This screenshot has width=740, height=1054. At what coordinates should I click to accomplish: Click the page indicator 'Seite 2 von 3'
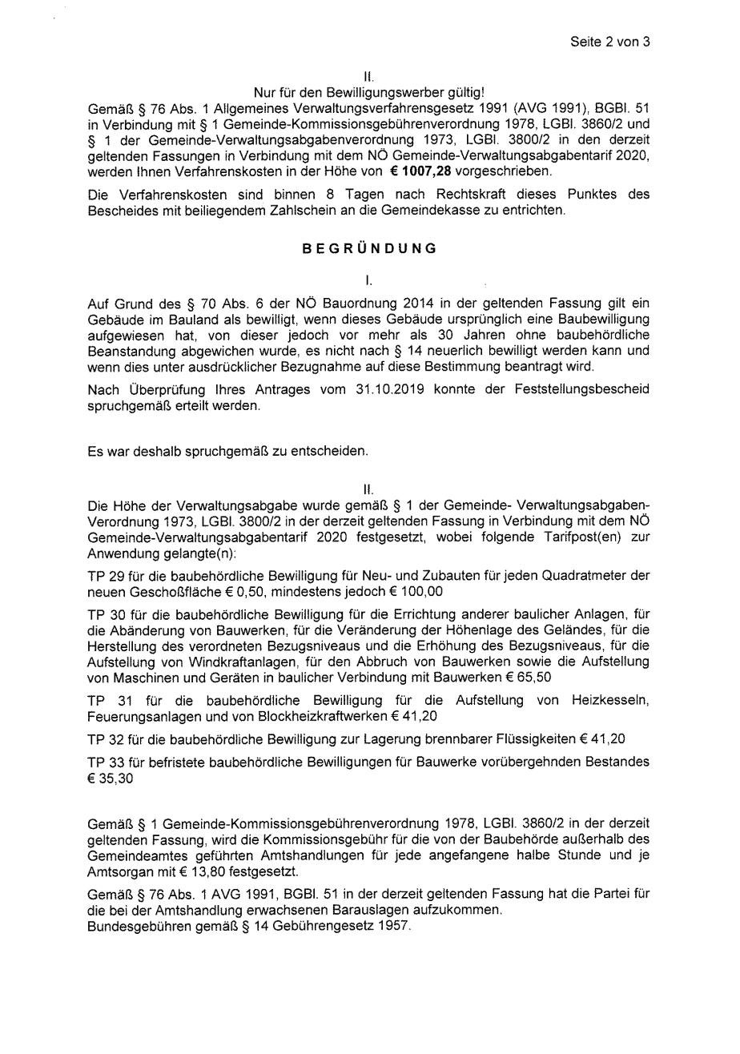click(609, 42)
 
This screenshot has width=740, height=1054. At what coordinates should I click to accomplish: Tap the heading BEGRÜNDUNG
click(369, 248)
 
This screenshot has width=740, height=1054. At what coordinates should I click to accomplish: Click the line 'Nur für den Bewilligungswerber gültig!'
click(369, 93)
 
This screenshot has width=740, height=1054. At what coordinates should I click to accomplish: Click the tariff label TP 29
click(103, 576)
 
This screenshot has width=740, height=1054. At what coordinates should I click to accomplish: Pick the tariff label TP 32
click(103, 738)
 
